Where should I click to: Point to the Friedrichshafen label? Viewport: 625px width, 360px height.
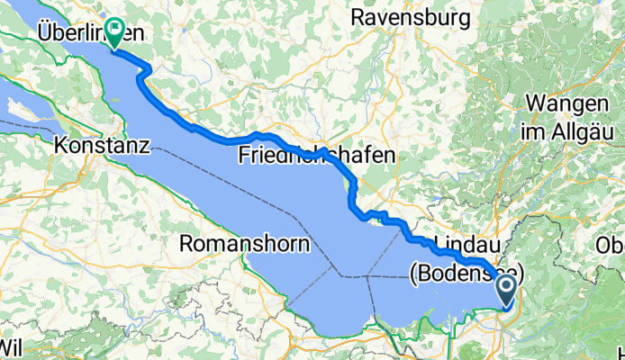pyautogui.click(x=317, y=156)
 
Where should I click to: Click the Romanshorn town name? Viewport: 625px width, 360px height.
pyautogui.click(x=246, y=243)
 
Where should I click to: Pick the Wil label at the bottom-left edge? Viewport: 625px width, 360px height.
pyautogui.click(x=11, y=346)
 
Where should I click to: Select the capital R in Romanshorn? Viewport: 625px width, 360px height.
pyautogui.click(x=187, y=243)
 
